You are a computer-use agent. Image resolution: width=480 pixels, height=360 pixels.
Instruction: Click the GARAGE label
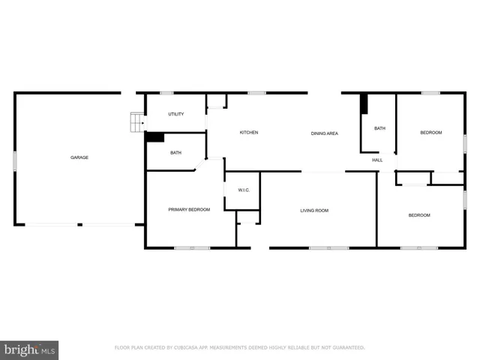pyautogui.click(x=79, y=157)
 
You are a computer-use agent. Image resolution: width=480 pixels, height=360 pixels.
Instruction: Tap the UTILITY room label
pyautogui.click(x=176, y=115)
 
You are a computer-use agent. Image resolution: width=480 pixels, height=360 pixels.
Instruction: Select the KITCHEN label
pyautogui.click(x=249, y=133)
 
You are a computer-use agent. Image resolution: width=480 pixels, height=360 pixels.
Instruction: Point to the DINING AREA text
pyautogui.click(x=325, y=133)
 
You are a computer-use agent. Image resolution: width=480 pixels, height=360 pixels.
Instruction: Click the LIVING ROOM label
pyautogui.click(x=314, y=211)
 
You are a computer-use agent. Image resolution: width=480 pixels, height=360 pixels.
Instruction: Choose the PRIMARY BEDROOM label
pyautogui.click(x=189, y=209)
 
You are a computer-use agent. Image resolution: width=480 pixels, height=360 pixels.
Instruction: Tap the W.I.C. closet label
pyautogui.click(x=244, y=190)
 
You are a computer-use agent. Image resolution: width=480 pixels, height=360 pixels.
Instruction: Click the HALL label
pyautogui.click(x=377, y=160)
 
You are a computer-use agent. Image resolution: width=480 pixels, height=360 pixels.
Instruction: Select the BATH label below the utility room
pyautogui.click(x=175, y=153)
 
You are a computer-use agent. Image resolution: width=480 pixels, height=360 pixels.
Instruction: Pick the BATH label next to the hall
pyautogui.click(x=379, y=128)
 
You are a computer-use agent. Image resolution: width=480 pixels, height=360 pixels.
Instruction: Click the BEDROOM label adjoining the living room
pyautogui.click(x=419, y=215)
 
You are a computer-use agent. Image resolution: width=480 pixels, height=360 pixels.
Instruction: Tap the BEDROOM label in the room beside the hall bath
pyautogui.click(x=430, y=133)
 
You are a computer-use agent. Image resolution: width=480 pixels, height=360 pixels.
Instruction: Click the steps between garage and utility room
pyautogui.click(x=136, y=121)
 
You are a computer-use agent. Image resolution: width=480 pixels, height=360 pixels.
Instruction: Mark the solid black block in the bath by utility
pyautogui.click(x=155, y=137)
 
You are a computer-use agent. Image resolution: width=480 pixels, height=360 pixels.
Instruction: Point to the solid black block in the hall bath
pyautogui.click(x=364, y=103)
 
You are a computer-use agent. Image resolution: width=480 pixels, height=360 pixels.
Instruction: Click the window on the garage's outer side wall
pyautogui.click(x=15, y=161)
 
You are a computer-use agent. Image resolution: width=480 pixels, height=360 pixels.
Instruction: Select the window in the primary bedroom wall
pyautogui.click(x=192, y=247)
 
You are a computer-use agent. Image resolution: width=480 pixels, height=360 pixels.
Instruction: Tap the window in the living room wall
pyautogui.click(x=328, y=247)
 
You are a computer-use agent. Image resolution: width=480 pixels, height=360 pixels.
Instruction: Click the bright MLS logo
pyautogui.click(x=29, y=350)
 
